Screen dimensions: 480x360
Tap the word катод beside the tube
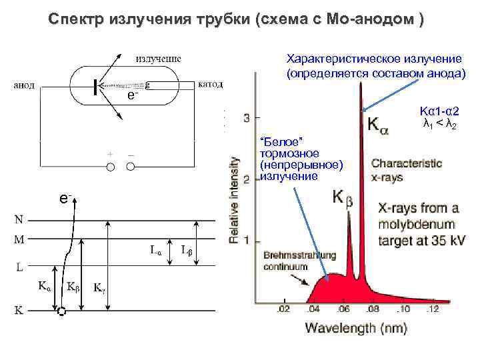pos(211,85)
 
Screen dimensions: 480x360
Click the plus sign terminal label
pos(109,154)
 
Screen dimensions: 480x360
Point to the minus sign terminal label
pos(130,154)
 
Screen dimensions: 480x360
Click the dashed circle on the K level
pos(62,311)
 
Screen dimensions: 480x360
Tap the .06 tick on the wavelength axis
pos(343,311)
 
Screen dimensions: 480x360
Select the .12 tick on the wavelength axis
pos(433,311)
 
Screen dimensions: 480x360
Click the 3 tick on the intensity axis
pos(247,118)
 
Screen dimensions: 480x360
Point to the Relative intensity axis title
pos(235,199)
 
